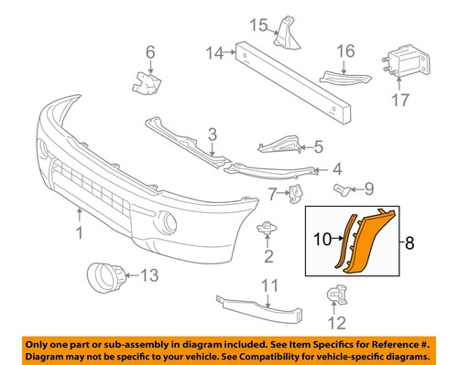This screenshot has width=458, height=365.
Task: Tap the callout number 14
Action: (213, 53)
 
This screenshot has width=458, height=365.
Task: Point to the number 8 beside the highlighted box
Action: (409, 243)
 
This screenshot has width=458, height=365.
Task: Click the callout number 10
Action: (322, 242)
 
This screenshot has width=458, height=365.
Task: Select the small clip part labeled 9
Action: (341, 189)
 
